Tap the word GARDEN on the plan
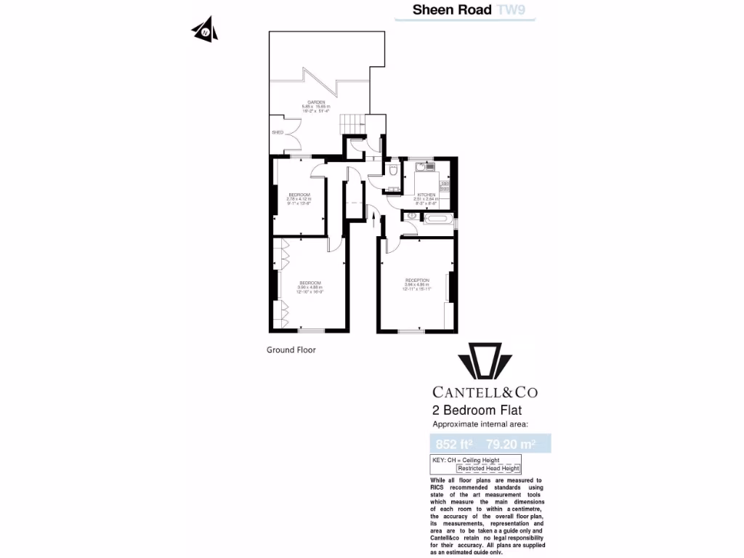tap(316, 102)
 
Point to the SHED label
tap(277, 133)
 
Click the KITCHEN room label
tap(426, 195)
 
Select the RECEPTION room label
tap(417, 280)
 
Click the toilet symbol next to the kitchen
tap(392, 172)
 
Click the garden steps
tap(351, 124)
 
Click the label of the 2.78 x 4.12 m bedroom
tap(299, 195)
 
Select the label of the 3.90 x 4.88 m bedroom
tap(310, 282)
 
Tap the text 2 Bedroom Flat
tap(477, 411)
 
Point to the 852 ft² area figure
tap(454, 443)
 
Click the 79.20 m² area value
tap(511, 443)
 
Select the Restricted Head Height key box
tap(488, 469)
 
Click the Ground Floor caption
tap(291, 349)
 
